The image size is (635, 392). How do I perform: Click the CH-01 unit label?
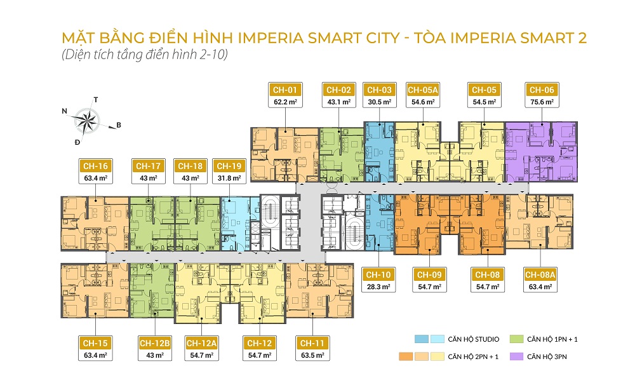coord(284,90)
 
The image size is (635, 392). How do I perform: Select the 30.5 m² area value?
coord(379,102)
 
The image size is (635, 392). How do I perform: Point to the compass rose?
coord(88,120)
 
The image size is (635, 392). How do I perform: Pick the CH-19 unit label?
coord(229,166)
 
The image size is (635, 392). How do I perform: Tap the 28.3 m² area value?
coord(378,287)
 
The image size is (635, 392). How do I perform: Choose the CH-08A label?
coord(540,274)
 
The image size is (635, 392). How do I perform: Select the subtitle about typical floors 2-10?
coord(144,55)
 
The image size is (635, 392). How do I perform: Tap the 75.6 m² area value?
coord(540,102)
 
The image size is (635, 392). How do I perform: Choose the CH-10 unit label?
coord(378,274)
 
